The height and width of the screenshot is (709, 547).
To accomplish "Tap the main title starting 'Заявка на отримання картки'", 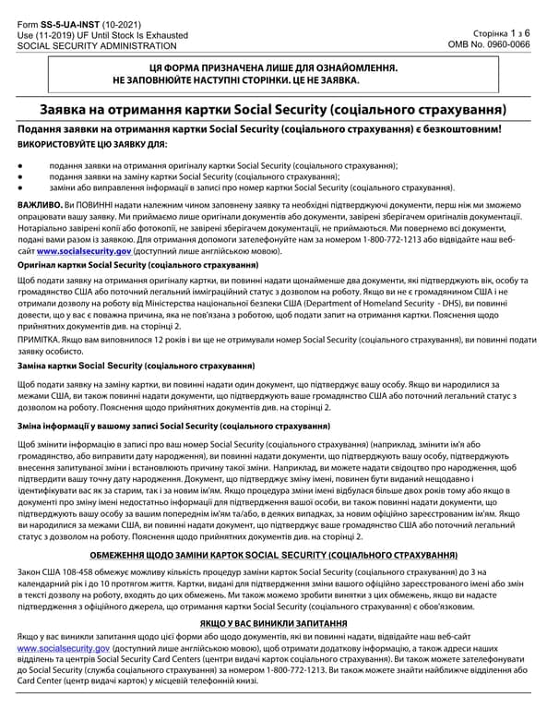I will pyautogui.click(x=273, y=110).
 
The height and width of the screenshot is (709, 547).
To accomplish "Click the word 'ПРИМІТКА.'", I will pyautogui.click(x=39, y=339).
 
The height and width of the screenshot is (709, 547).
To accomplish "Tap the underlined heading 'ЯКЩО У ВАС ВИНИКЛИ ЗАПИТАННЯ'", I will pyautogui.click(x=273, y=624).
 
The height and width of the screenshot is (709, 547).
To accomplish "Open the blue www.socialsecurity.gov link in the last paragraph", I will pyautogui.click(x=64, y=649).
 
